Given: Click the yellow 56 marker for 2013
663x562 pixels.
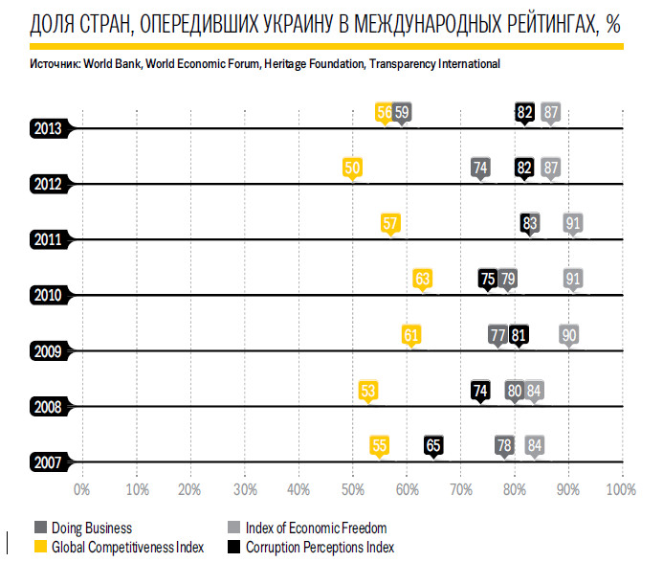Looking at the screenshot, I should point(385,112).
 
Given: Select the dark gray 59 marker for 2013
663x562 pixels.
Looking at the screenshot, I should point(403,112).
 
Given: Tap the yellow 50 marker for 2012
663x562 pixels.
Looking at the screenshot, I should point(352,168).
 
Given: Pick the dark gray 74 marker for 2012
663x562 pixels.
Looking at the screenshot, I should point(481,168).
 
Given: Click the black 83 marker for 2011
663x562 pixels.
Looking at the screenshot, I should point(530,223).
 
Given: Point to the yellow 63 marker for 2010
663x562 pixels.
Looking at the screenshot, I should point(423,279).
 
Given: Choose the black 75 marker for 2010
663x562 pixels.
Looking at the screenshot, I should point(488,279).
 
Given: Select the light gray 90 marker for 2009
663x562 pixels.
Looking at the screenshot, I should point(569,335).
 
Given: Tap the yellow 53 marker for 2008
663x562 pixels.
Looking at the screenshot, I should point(368,391).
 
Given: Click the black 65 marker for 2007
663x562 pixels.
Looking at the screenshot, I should point(433,445).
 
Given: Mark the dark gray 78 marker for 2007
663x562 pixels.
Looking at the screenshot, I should point(504,445).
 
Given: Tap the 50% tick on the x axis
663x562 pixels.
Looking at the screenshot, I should point(352,490).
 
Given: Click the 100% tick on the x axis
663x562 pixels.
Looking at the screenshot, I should point(621,490).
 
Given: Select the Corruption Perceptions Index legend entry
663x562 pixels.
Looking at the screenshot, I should point(320,548).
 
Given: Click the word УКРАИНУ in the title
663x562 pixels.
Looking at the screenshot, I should point(313,23).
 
